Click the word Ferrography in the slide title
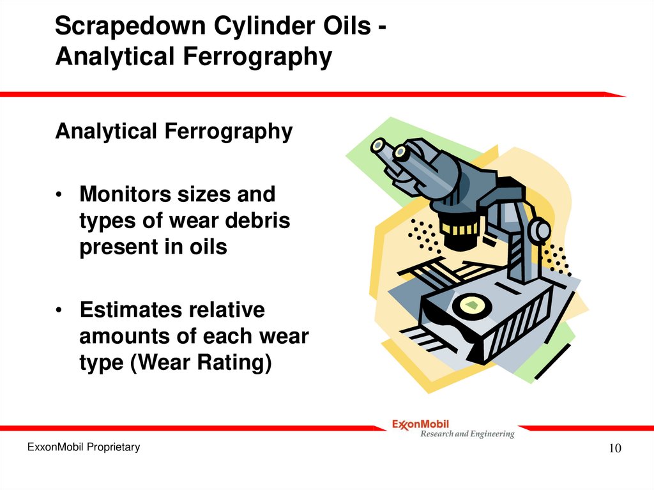tap(254, 57)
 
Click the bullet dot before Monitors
tap(59, 195)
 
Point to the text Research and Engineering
tap(467, 434)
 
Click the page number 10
tap(614, 448)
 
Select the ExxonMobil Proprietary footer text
tap(83, 447)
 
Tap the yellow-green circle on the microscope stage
tap(473, 305)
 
